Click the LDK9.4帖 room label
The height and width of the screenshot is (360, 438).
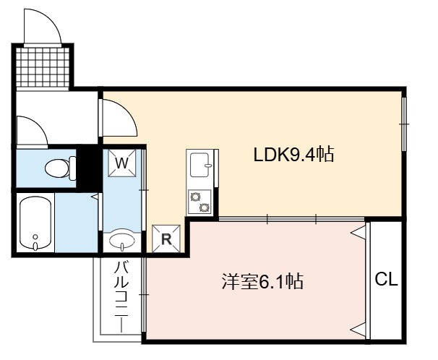pos(293,154)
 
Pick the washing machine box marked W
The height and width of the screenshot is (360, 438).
pos(122,163)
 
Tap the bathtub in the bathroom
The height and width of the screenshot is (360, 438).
pos(35,223)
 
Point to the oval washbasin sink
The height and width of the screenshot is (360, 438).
pos(123,239)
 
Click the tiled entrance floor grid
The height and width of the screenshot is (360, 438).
pos(44,67)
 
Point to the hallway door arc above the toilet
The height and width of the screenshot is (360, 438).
pos(33,130)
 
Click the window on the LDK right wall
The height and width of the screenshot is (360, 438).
pos(403,124)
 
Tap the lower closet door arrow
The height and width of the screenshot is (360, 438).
pos(358,329)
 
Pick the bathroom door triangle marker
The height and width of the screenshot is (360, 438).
pos(95,196)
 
